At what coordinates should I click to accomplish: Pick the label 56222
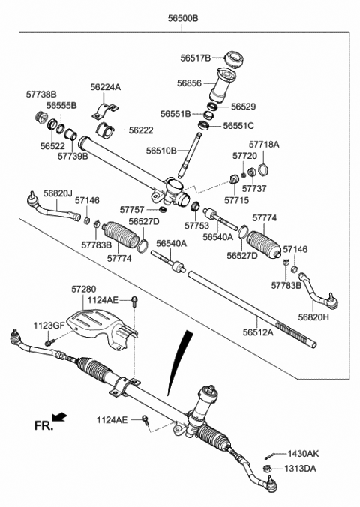[x=140, y=130]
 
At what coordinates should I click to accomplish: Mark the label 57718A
[x=265, y=144]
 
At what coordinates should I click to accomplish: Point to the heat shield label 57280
[x=84, y=288]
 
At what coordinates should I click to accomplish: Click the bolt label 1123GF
[x=49, y=325]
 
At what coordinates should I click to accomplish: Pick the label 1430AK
[x=302, y=454]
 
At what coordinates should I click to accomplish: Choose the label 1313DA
[x=302, y=469]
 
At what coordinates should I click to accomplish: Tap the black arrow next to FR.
[x=61, y=415]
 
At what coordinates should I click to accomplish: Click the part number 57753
[x=197, y=225]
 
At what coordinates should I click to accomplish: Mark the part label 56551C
[x=238, y=125]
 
